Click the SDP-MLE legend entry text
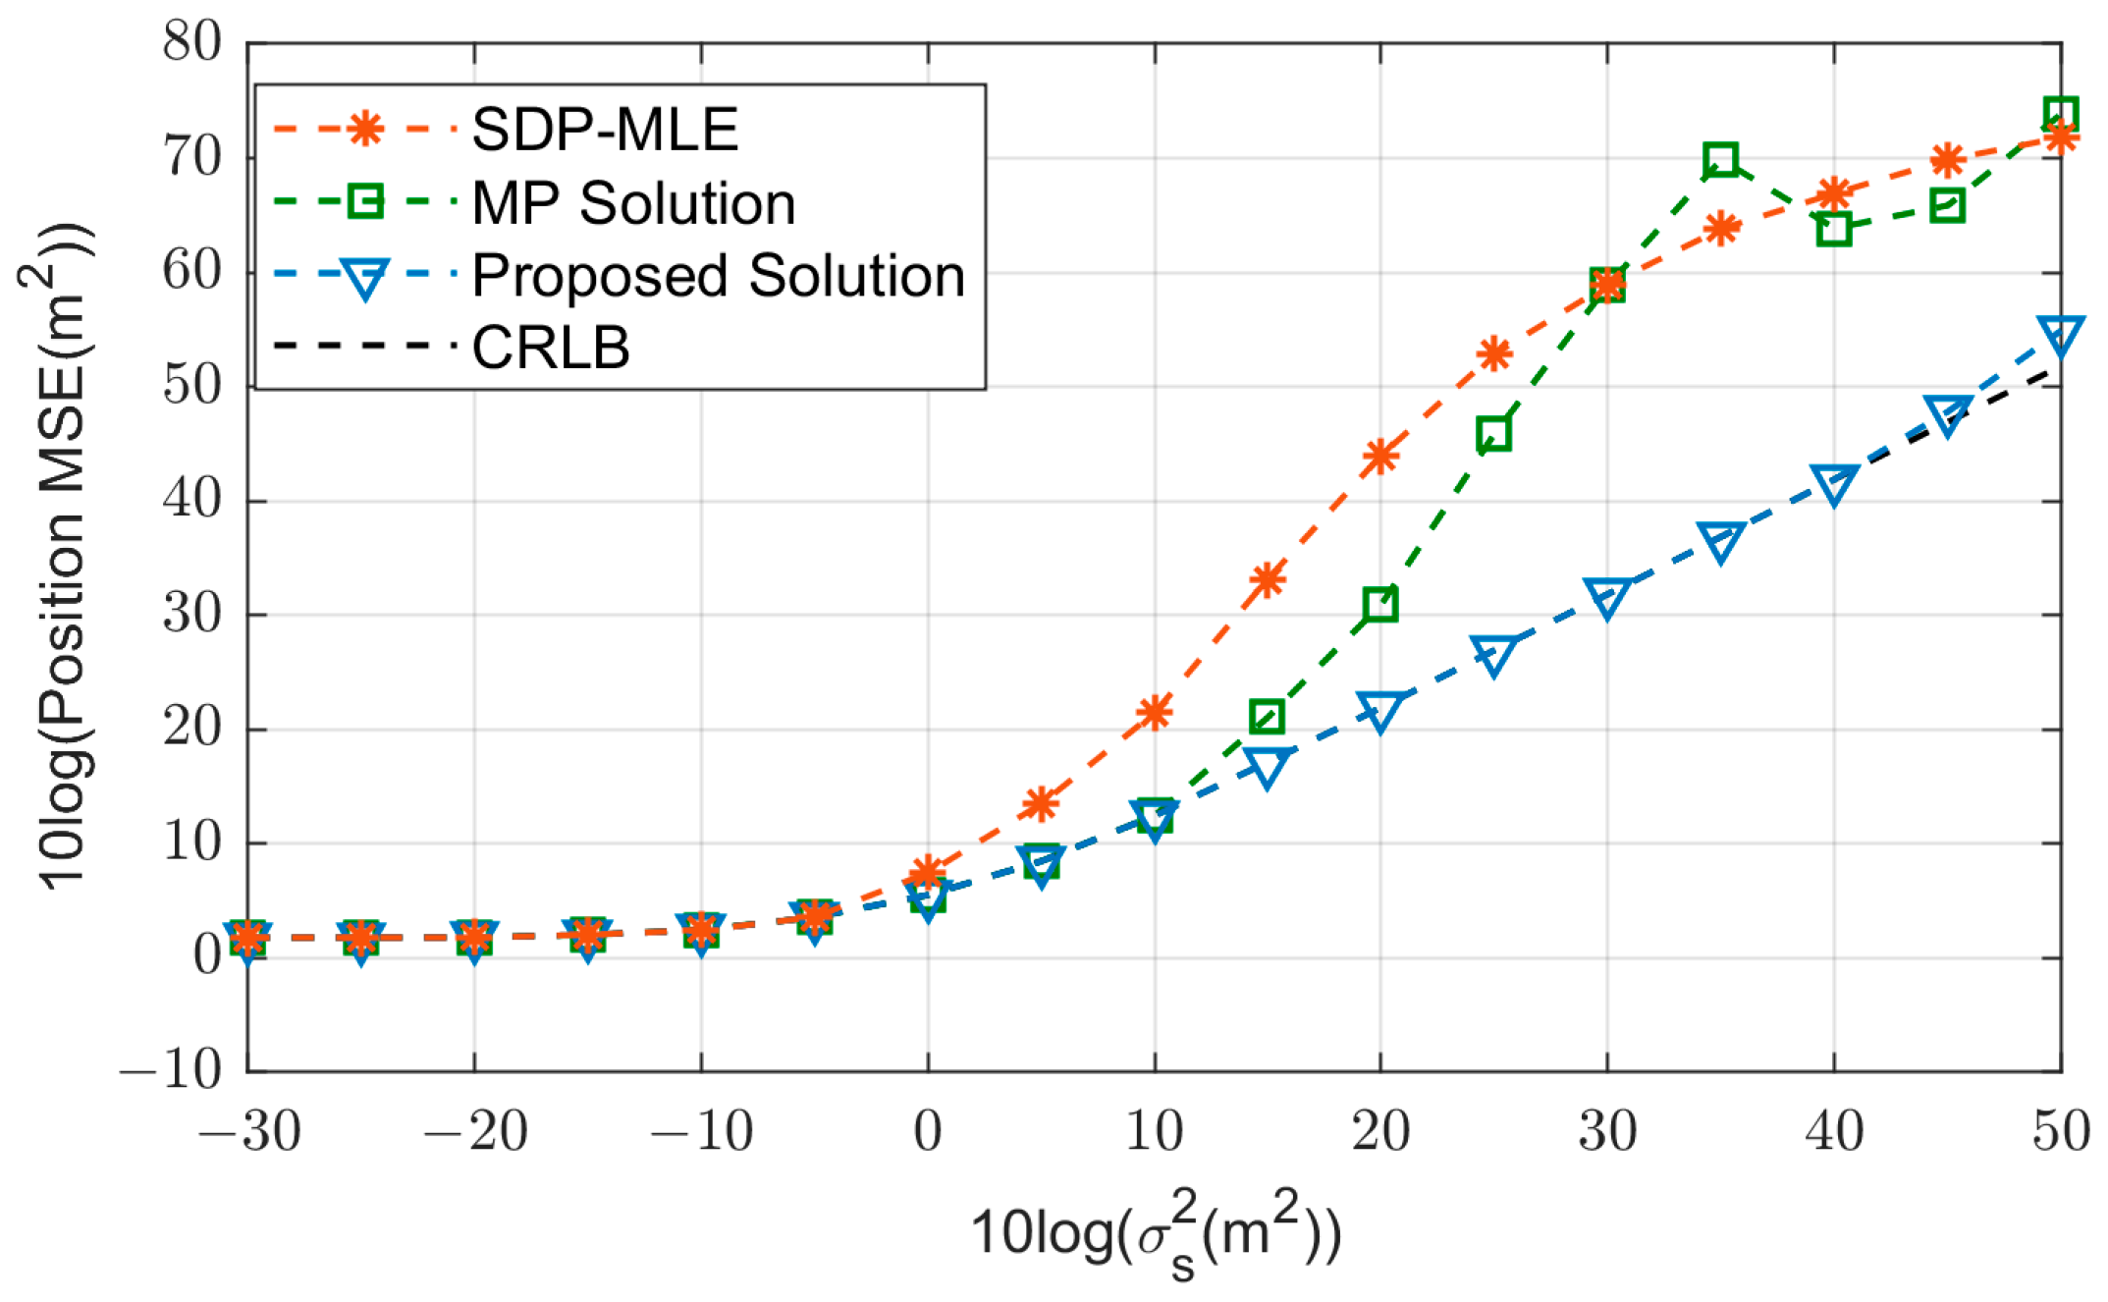604,130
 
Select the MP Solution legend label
633,203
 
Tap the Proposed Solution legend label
719,275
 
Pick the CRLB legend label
551,348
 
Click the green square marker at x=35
1720,159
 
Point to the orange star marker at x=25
1493,353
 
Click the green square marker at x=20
1380,605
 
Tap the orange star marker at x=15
1268,579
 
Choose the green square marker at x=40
1834,230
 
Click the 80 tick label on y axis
192,43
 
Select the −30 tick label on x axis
249,1132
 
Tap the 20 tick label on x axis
1380,1132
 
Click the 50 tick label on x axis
2060,1132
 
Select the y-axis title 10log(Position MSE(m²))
61,556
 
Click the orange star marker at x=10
1155,712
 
